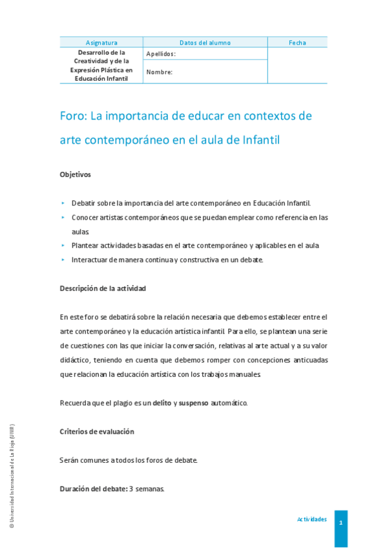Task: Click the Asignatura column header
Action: click(x=101, y=43)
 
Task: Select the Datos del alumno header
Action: click(x=205, y=43)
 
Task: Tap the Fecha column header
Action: click(x=297, y=43)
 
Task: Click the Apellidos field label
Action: click(x=161, y=54)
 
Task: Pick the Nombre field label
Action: click(x=159, y=72)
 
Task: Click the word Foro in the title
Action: click(x=72, y=116)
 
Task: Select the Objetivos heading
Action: click(x=75, y=174)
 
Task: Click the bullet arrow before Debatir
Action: click(x=63, y=202)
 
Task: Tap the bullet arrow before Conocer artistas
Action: click(x=63, y=217)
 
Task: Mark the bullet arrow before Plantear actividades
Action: click(x=63, y=246)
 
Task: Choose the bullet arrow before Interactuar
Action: click(x=63, y=260)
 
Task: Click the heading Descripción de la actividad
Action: click(x=103, y=288)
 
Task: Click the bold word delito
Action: click(x=162, y=403)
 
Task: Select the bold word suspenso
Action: click(x=193, y=403)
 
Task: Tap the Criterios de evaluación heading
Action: click(x=97, y=432)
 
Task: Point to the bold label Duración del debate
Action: click(x=93, y=489)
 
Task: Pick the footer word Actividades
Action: click(x=311, y=520)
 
